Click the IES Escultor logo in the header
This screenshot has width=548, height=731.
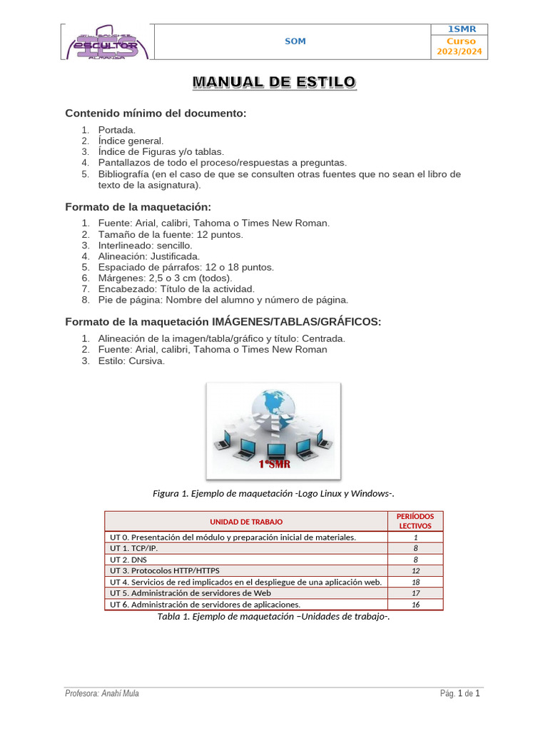(106, 41)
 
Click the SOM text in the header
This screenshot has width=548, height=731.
(295, 41)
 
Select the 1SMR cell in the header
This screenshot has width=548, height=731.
(459, 29)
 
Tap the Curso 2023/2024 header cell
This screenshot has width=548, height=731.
(459, 47)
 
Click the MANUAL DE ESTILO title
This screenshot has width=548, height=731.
(274, 83)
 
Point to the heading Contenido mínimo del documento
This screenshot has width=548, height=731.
(156, 114)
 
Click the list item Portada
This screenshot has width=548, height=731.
(116, 130)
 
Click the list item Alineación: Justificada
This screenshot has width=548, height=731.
(148, 256)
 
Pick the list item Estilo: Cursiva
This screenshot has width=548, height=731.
(131, 361)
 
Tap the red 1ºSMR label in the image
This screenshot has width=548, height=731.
(274, 465)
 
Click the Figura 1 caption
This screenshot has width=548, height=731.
(274, 493)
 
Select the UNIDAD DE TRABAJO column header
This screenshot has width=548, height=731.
(246, 522)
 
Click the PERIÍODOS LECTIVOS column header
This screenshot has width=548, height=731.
(415, 521)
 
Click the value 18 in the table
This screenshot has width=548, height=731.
(415, 582)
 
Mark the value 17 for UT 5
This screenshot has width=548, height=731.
(415, 593)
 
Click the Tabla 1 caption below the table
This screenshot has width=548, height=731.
(274, 617)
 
